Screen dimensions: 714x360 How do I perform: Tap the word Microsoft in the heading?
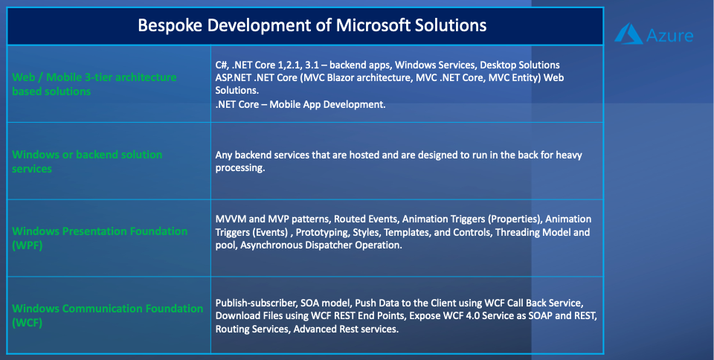[373, 25]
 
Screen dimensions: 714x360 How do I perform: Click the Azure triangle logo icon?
[628, 33]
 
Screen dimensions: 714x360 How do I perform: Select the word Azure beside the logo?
[670, 36]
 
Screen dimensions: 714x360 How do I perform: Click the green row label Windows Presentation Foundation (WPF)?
[100, 238]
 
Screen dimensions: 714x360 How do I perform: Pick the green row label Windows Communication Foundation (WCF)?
[107, 315]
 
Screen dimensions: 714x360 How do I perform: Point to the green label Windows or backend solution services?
[87, 161]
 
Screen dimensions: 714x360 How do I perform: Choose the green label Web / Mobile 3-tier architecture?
[94, 77]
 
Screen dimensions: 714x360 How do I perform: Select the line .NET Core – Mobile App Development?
[300, 104]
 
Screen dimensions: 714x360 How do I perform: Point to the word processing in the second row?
[240, 168]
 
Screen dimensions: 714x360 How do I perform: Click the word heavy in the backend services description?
[569, 155]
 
